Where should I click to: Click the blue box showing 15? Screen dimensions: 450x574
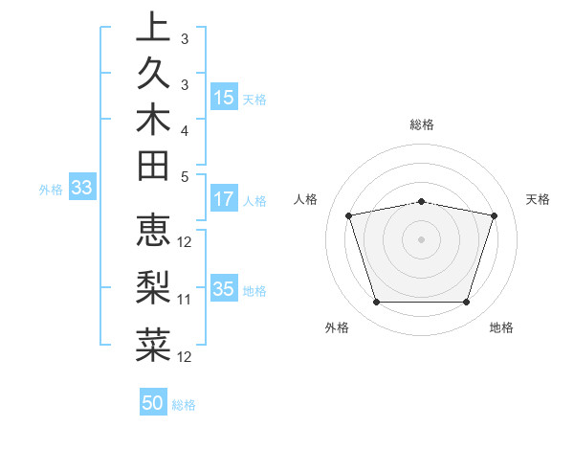[x=224, y=97]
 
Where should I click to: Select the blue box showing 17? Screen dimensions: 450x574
[x=224, y=199]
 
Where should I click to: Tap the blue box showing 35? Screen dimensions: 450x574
[x=224, y=289]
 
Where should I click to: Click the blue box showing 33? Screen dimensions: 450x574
[x=81, y=189]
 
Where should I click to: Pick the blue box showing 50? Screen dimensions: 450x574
[x=153, y=403]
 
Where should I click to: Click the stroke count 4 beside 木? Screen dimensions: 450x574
[x=185, y=129]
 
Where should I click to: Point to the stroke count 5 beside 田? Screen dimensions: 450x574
[x=185, y=175]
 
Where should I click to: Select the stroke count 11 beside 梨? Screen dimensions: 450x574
[x=185, y=299]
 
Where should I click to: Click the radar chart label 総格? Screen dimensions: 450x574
[x=422, y=124]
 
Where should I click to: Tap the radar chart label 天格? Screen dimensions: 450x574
[x=539, y=199]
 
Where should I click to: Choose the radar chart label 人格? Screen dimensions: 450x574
[x=306, y=199]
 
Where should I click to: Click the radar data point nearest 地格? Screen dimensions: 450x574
[x=466, y=303]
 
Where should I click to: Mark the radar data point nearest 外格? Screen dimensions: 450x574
[x=376, y=303]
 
